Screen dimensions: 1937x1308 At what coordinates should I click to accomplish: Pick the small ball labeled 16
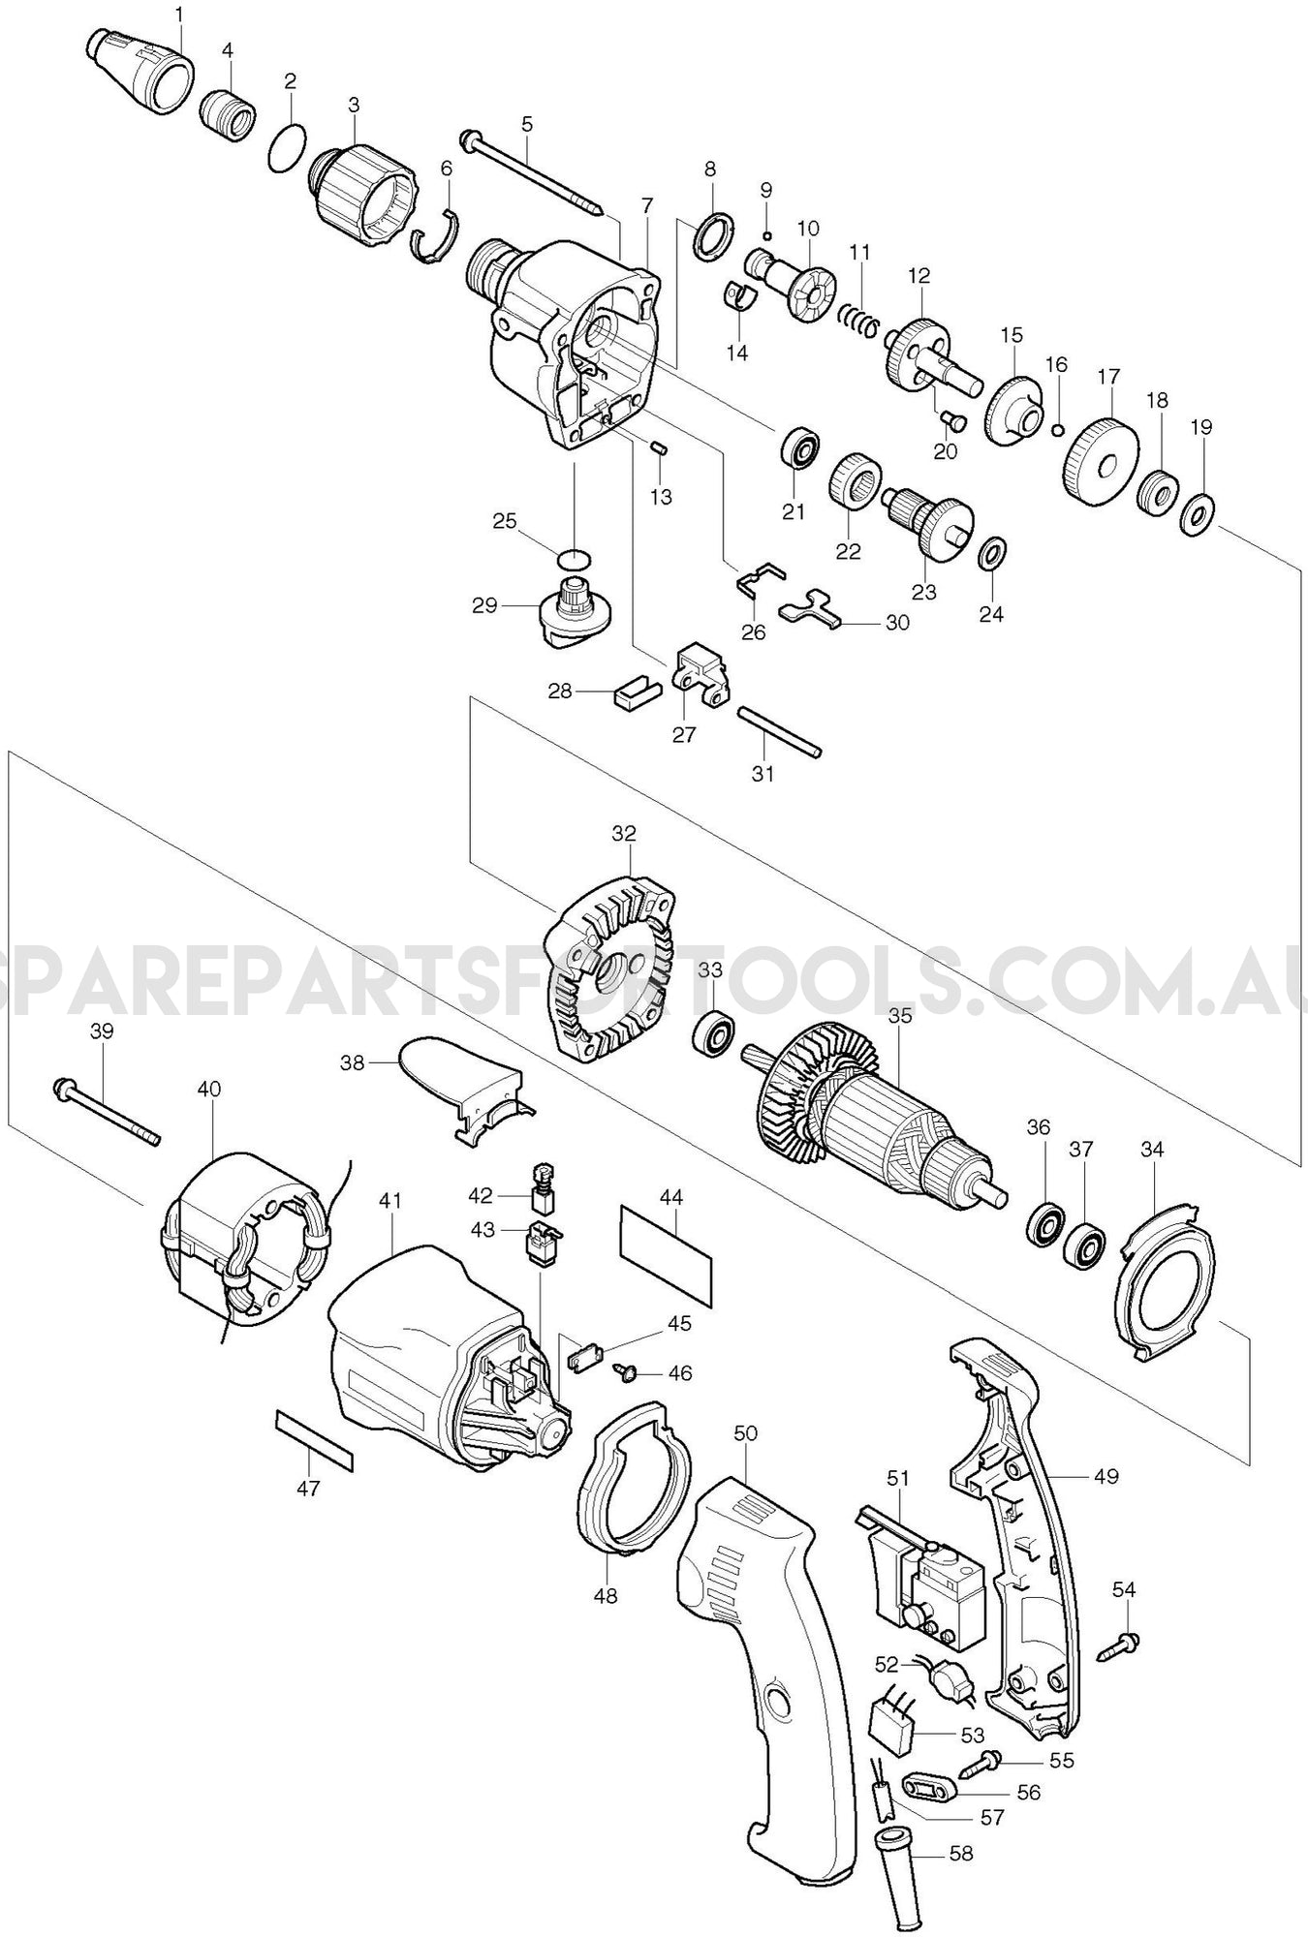point(1058,430)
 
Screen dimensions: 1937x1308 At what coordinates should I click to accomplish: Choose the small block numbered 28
point(636,694)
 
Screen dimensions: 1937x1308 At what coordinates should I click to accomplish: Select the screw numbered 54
point(1120,1646)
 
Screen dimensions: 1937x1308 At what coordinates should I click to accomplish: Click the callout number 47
point(308,1489)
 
